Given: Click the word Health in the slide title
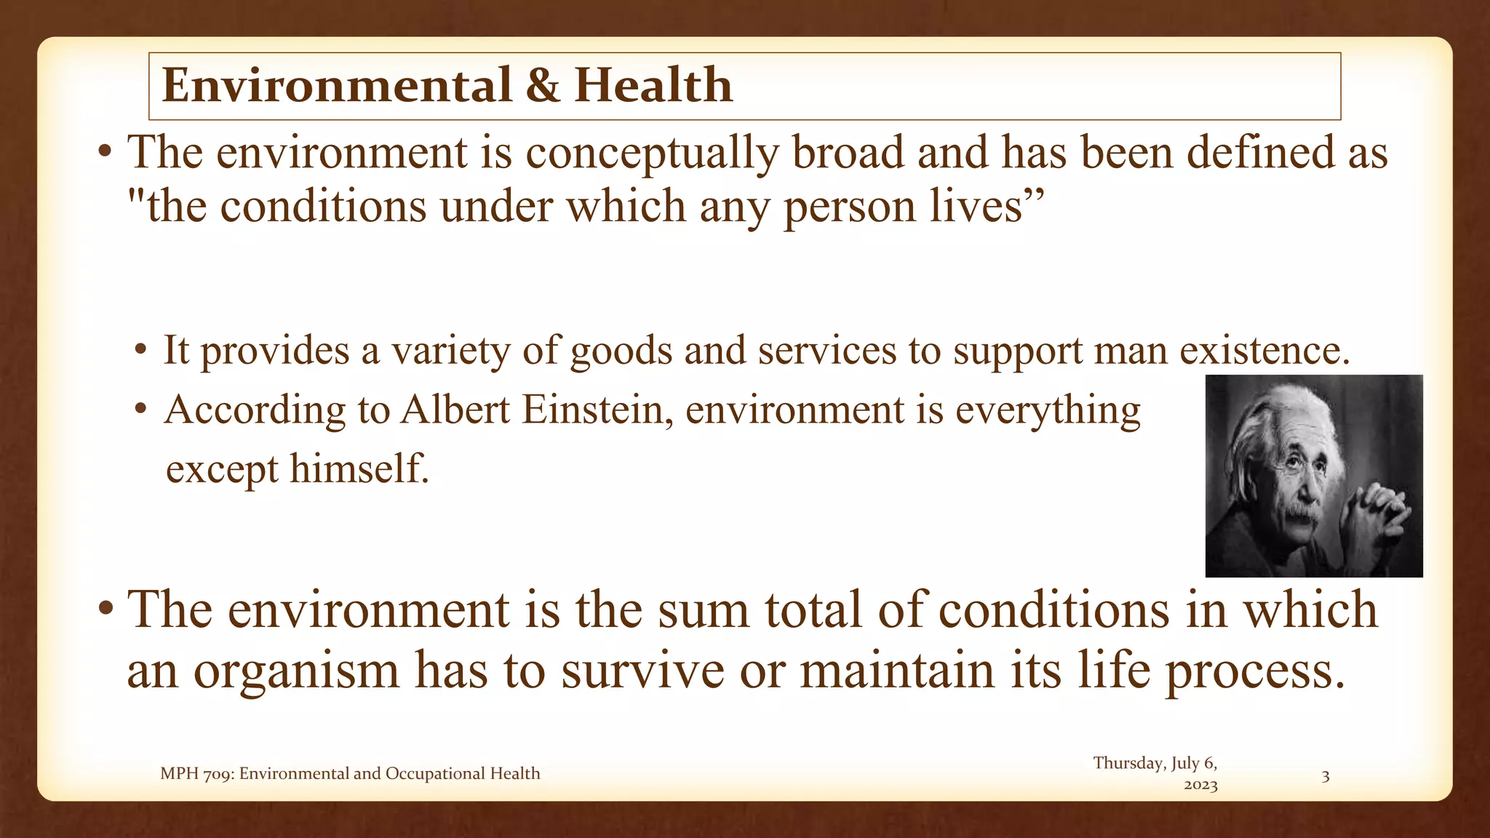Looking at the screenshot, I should (x=653, y=85).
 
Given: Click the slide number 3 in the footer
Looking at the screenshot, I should (x=1325, y=776).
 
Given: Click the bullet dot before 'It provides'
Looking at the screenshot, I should (x=140, y=350).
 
